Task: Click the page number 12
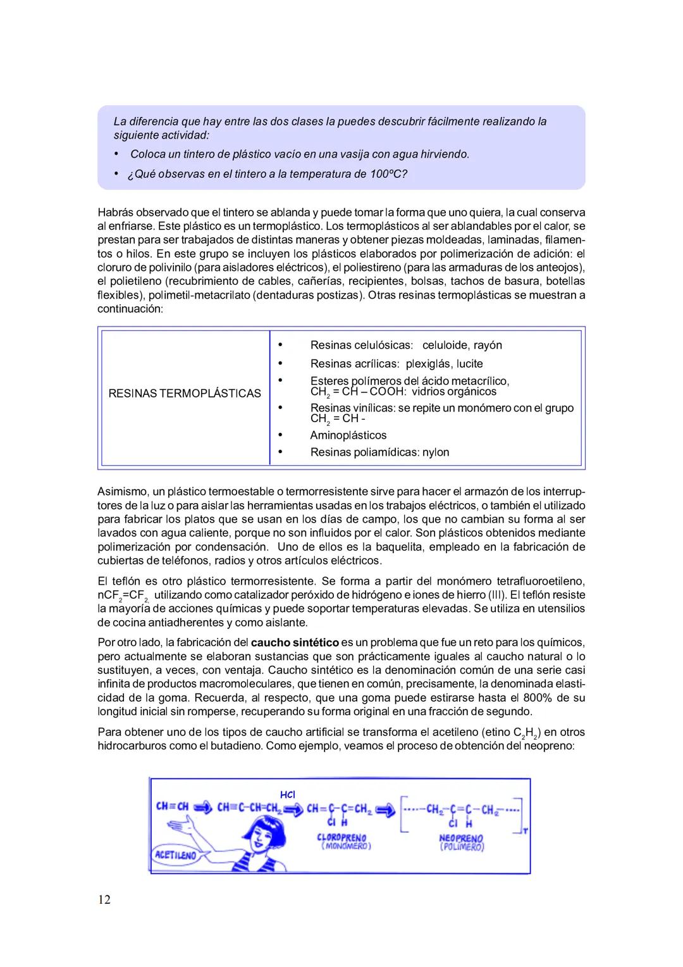(104, 899)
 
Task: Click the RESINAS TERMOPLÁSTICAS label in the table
(185, 394)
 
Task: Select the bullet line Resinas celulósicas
(361, 346)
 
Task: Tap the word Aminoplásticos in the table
(348, 435)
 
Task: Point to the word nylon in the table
(435, 452)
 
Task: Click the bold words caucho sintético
(295, 642)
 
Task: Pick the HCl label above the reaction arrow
(288, 794)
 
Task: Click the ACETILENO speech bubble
(176, 855)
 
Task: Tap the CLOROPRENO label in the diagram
(341, 838)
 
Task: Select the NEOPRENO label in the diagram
(461, 838)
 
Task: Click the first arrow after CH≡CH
(203, 808)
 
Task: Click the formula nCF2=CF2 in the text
(123, 596)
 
